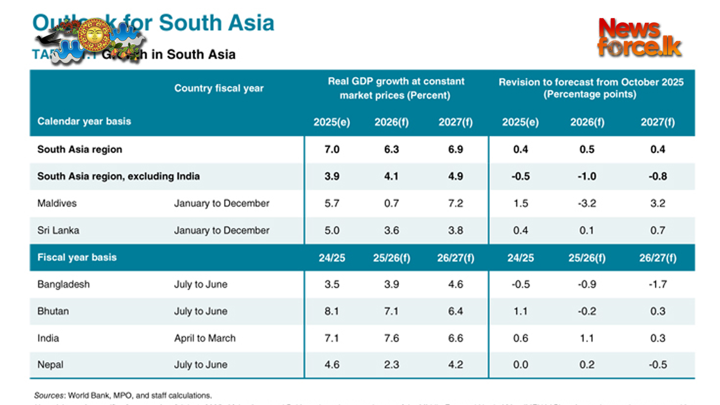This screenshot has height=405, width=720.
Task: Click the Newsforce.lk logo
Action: click(639, 37)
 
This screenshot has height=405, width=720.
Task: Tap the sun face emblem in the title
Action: click(94, 35)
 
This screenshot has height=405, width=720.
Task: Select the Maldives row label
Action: click(57, 203)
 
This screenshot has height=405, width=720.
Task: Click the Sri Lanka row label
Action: click(58, 230)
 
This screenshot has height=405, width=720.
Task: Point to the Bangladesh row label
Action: click(63, 284)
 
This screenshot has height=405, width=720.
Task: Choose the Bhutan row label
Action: click(53, 311)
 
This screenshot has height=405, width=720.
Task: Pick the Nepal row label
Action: click(50, 364)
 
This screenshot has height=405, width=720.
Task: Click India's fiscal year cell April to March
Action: click(205, 338)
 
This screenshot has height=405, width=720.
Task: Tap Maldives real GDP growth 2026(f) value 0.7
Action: click(391, 203)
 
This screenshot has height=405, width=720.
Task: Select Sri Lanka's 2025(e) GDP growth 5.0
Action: click(332, 230)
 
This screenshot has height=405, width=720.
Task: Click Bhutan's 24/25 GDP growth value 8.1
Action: click(332, 311)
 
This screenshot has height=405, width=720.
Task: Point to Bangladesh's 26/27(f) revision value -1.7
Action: click(658, 284)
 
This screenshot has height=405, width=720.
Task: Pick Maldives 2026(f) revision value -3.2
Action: click(587, 203)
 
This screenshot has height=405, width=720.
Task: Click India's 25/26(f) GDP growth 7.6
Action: click(391, 338)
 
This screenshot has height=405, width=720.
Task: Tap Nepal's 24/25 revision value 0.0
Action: click(520, 364)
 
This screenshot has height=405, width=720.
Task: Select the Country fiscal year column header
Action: click(219, 88)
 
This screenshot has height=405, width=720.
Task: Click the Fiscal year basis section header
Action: click(77, 258)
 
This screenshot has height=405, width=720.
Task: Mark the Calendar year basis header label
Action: click(84, 121)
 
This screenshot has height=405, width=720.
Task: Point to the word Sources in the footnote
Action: click(49, 395)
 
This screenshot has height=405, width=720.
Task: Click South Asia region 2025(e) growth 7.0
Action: click(332, 149)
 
